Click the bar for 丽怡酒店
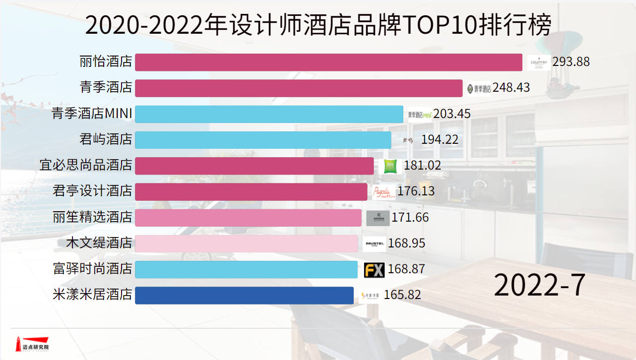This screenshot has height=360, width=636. (328, 62)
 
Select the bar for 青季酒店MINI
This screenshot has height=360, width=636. (269, 114)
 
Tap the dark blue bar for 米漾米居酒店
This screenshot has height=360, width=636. (244, 295)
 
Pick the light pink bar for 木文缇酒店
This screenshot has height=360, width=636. (246, 243)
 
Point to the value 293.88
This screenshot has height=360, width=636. (571, 62)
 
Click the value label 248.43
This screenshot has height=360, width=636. (511, 88)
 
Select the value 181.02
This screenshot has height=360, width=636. (422, 166)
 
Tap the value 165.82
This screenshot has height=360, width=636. (402, 295)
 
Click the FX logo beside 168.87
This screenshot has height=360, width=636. (374, 270)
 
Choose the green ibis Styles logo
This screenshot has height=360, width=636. (390, 166)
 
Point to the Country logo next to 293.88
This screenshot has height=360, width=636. (539, 62)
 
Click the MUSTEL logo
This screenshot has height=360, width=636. (374, 243)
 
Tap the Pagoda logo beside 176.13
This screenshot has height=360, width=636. (384, 192)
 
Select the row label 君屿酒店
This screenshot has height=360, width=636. (106, 140)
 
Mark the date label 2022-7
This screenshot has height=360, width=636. (539, 285)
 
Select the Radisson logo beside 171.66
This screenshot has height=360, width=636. (378, 218)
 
